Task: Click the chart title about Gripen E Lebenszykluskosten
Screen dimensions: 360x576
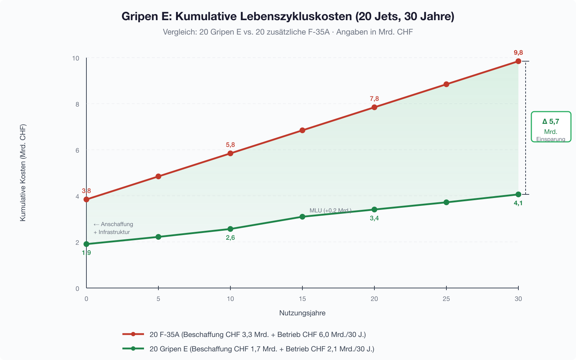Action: pyautogui.click(x=288, y=17)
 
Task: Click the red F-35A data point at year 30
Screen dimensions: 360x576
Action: pyautogui.click(x=518, y=61)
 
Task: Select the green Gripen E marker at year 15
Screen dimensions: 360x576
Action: pyautogui.click(x=302, y=217)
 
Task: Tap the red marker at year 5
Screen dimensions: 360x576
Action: pyautogui.click(x=158, y=176)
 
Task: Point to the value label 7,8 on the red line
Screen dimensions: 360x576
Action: pyautogui.click(x=374, y=99)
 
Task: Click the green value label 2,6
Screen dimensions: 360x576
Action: pyautogui.click(x=230, y=238)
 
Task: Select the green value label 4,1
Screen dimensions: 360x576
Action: pyautogui.click(x=518, y=203)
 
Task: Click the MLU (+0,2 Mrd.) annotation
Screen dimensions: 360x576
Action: pyautogui.click(x=330, y=211)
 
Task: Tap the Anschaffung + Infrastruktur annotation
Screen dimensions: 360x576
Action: pyautogui.click(x=113, y=228)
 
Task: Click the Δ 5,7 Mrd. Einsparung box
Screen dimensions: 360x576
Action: pyautogui.click(x=551, y=127)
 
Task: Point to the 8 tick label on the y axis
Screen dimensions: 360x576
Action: pyautogui.click(x=77, y=104)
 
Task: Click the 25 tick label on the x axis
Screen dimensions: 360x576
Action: pyautogui.click(x=446, y=299)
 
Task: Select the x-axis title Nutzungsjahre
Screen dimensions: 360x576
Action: pyautogui.click(x=302, y=313)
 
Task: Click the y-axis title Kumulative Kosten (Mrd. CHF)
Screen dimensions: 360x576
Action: pyautogui.click(x=23, y=173)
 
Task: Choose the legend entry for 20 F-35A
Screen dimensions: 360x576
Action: pyautogui.click(x=257, y=334)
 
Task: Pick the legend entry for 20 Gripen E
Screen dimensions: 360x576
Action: pyautogui.click(x=262, y=349)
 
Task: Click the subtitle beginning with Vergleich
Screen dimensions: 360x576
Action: pyautogui.click(x=288, y=32)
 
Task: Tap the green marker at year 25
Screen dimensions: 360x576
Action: pyautogui.click(x=446, y=202)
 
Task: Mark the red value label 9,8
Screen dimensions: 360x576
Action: pyautogui.click(x=518, y=53)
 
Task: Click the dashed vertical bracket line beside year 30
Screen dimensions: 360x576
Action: pyautogui.click(x=526, y=128)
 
